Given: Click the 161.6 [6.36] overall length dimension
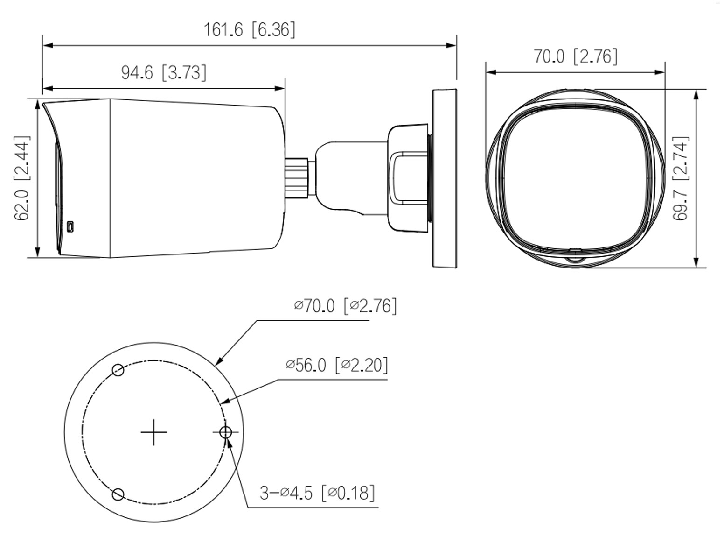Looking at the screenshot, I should coord(249,30).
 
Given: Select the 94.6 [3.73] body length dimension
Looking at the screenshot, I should coord(163,72).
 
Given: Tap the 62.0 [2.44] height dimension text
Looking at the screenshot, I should coord(22,177).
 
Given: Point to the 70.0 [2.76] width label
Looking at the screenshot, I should coord(575,56).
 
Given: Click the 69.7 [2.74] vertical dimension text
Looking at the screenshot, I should coord(681,178).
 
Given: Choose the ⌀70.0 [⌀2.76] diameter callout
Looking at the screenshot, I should coord(345,306).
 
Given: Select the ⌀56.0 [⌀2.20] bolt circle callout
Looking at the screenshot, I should coord(336,365).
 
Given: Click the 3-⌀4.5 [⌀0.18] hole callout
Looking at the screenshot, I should coord(317,493).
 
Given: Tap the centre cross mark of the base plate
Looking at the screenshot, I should coord(153,432).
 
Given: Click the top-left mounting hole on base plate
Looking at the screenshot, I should coord(118,370).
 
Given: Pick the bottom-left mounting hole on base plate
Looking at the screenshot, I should coord(118,494).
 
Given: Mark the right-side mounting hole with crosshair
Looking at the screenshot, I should coord(226,432).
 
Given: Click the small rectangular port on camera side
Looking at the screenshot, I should coord(70,226).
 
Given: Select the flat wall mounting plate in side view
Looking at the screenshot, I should coord(444,178).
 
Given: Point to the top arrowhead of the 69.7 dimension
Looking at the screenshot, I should coord(696,93).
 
